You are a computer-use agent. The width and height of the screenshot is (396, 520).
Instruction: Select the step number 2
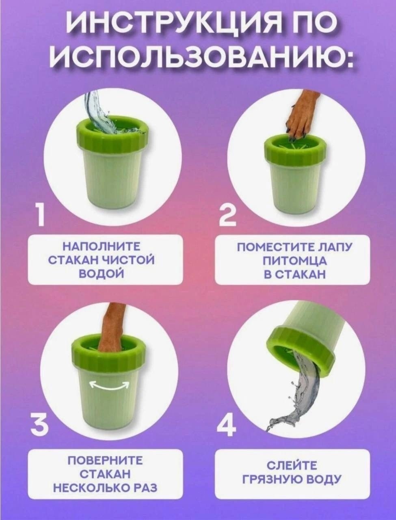point(227,215)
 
